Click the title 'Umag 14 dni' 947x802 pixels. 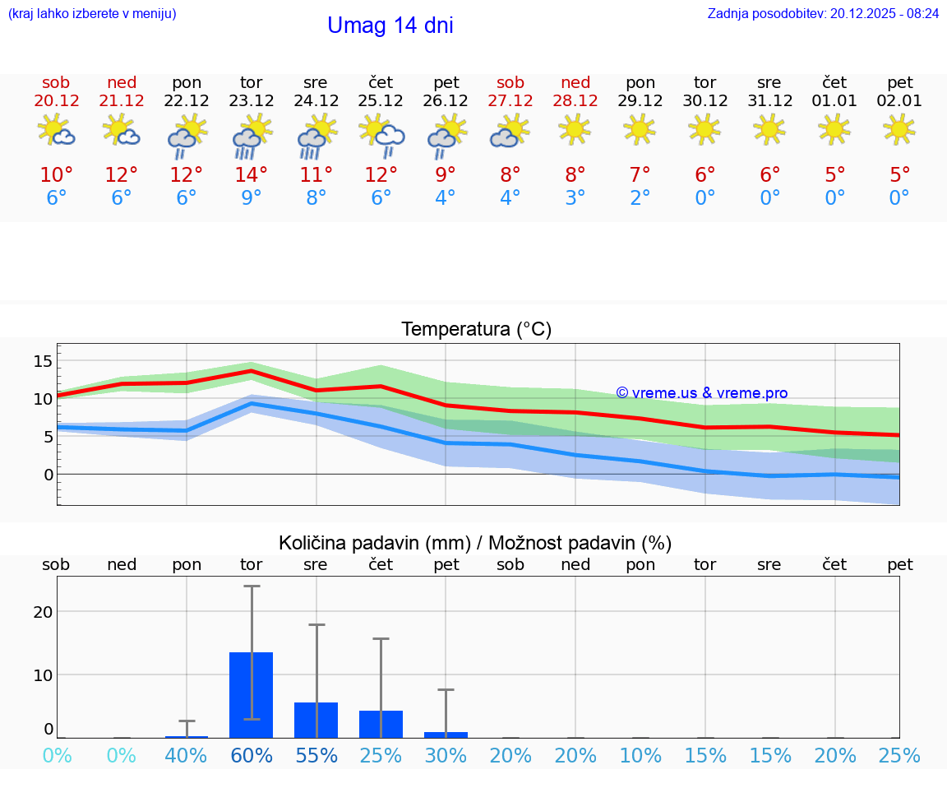click(390, 25)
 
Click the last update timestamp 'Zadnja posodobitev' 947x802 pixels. click(823, 14)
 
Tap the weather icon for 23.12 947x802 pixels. click(252, 135)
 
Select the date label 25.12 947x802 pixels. click(381, 100)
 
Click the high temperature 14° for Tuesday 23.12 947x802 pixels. click(252, 175)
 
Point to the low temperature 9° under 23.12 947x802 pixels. click(252, 198)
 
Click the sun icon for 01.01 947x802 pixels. click(835, 129)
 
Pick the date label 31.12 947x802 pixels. click(770, 100)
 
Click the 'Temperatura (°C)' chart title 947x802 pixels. click(477, 330)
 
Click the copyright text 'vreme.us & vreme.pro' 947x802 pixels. click(702, 393)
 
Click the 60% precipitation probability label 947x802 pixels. click(252, 756)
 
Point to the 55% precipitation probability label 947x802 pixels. click(316, 756)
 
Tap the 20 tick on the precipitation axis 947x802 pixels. click(43, 612)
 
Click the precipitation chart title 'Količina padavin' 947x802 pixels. click(475, 543)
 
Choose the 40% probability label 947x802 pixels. click(187, 756)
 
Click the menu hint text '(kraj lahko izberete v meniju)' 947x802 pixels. click(92, 14)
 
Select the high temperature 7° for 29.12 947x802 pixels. click(640, 175)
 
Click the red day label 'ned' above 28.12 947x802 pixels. click(575, 82)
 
